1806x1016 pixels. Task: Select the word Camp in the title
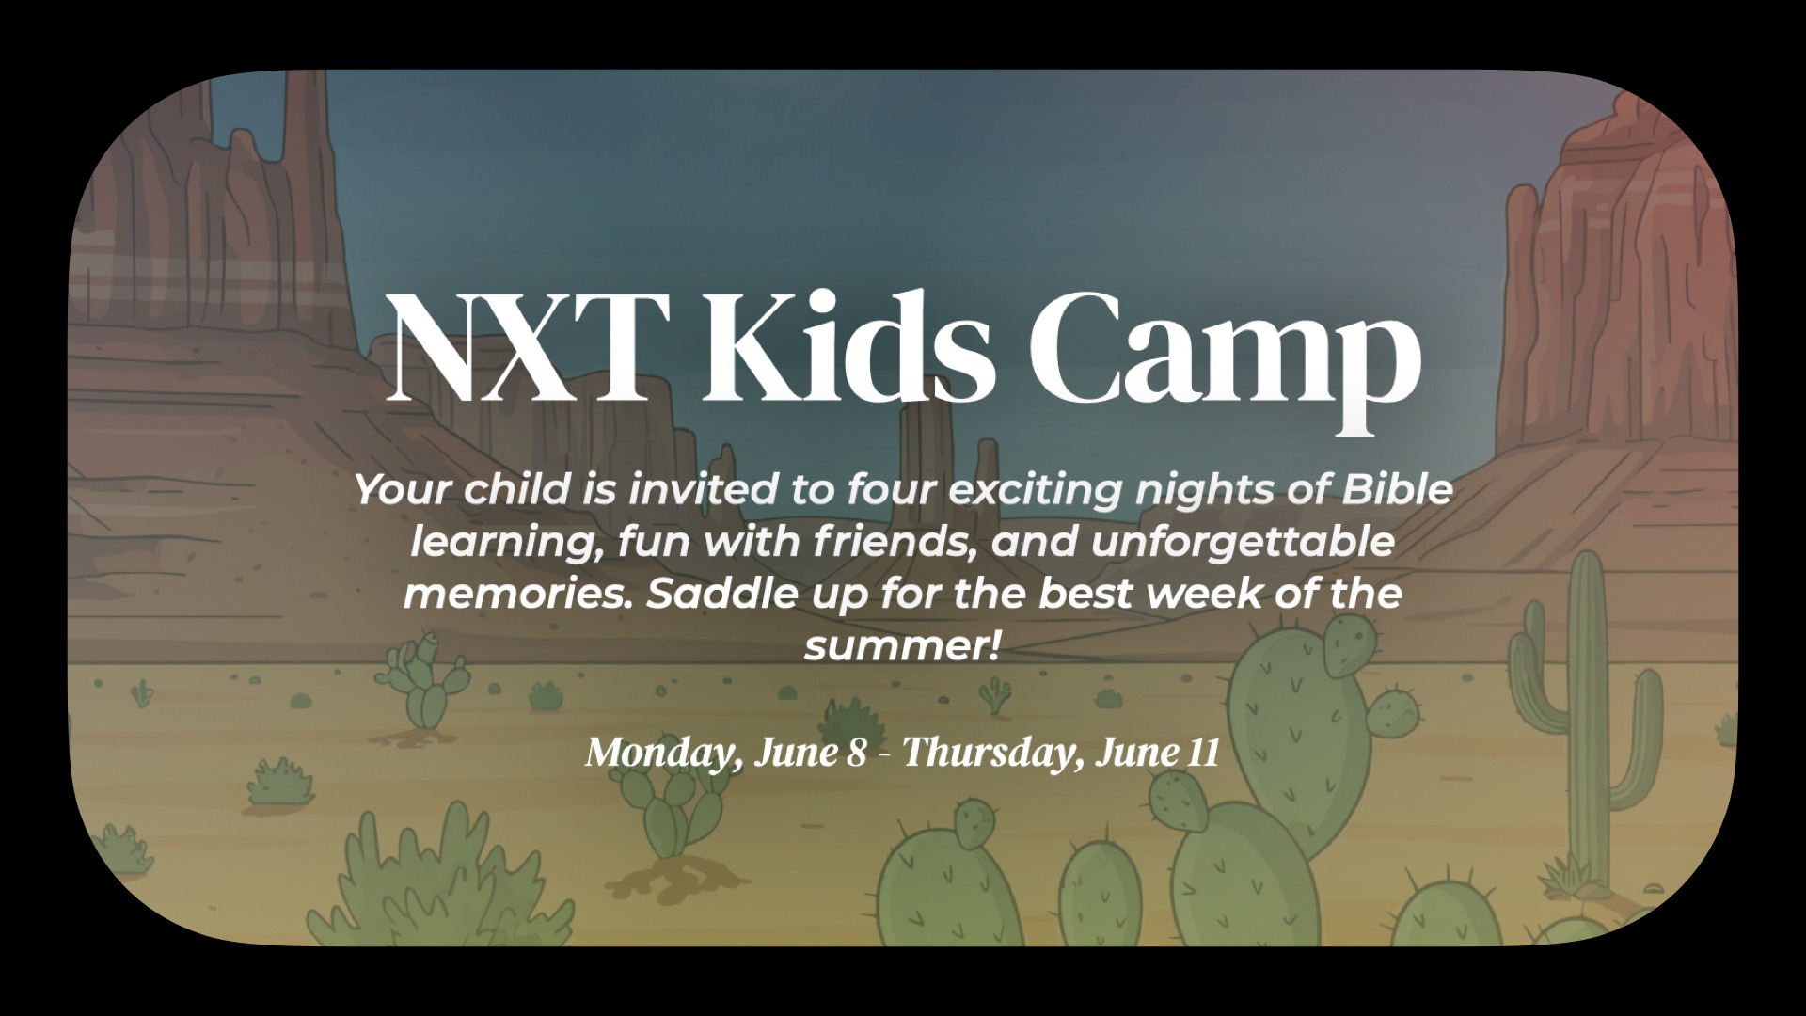coord(1223,357)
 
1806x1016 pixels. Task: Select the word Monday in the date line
coord(658,754)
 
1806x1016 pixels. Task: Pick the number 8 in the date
coord(855,754)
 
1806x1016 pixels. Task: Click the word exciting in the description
coord(1029,491)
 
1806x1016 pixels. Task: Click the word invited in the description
coord(698,489)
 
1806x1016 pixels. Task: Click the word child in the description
coord(506,489)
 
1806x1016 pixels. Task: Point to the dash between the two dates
coord(884,755)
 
